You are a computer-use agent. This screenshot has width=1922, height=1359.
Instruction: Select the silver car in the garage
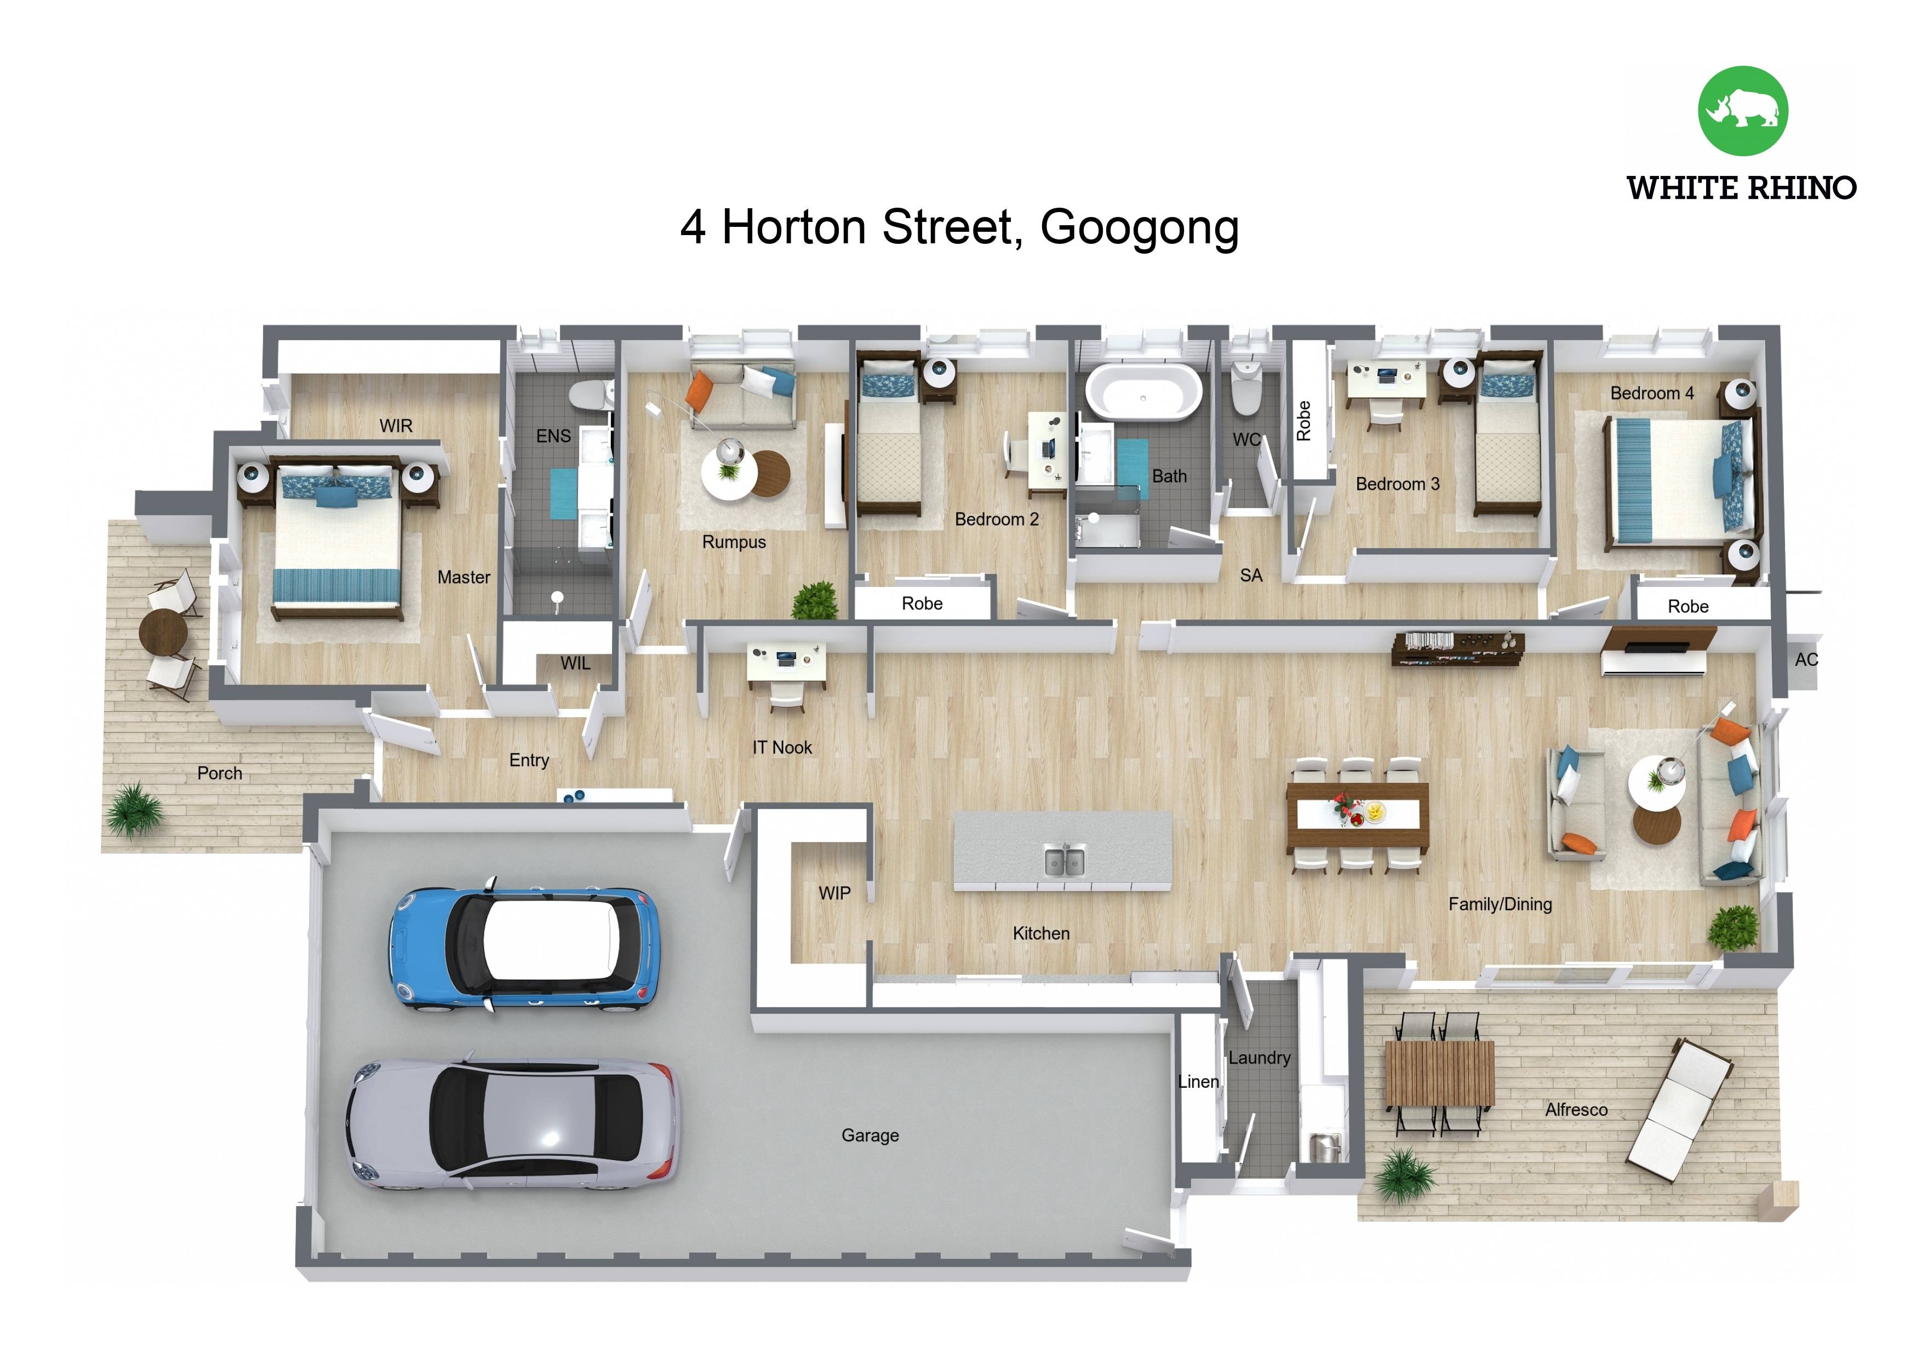coord(512,1124)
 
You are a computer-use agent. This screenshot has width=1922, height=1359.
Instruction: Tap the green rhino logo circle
coord(1743,111)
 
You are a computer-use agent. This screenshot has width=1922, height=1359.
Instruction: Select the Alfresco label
coord(1575,1110)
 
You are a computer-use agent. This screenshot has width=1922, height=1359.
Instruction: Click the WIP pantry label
coord(834,893)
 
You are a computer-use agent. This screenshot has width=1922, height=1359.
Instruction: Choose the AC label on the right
coord(1806,660)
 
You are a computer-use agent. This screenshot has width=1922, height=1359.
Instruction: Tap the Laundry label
coord(1259,1058)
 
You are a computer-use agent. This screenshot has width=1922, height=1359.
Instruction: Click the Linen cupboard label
coord(1198,1082)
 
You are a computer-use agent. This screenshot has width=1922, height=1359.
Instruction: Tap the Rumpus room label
coord(733,542)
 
